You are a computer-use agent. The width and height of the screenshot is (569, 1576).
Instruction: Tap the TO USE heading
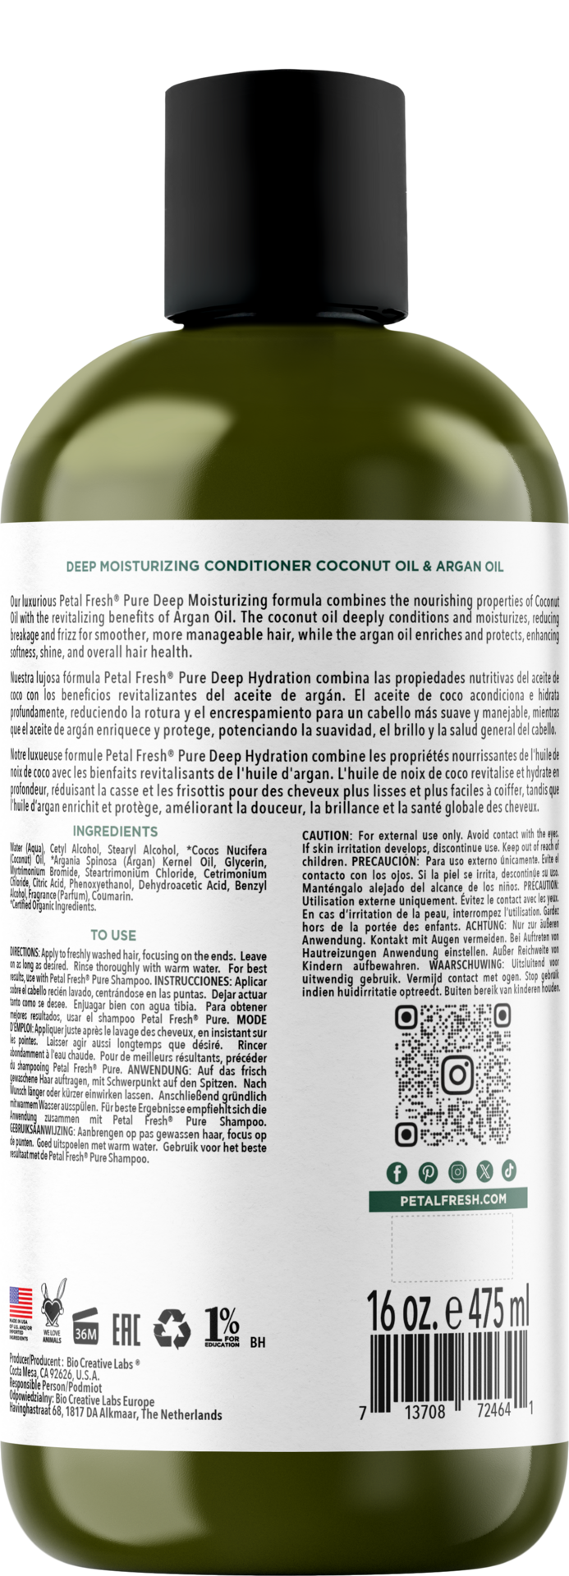tap(112, 935)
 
